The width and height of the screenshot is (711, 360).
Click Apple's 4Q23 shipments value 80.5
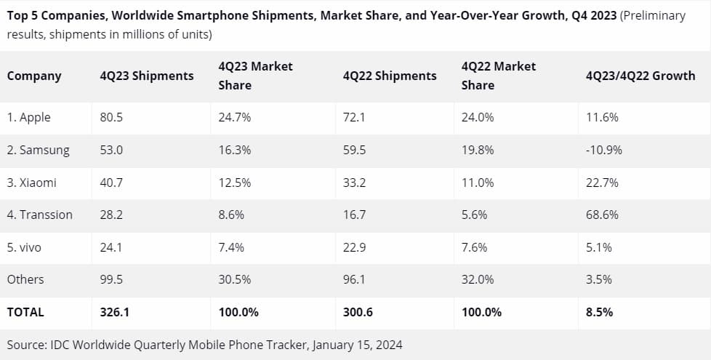[111, 118]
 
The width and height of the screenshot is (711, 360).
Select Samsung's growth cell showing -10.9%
[603, 151]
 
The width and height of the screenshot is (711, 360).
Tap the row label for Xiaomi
[31, 183]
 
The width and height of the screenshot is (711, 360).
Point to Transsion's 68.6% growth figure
[602, 215]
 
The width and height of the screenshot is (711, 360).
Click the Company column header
[34, 76]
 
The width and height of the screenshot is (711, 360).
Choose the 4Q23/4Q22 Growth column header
[640, 76]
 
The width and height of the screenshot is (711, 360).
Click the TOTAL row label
[25, 312]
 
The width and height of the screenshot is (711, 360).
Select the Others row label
[25, 279]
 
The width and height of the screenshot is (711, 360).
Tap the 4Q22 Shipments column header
[389, 76]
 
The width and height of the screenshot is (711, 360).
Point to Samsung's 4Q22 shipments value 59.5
[354, 151]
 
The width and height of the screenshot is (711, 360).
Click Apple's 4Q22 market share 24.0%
[478, 118]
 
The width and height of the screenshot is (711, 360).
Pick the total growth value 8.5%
[599, 312]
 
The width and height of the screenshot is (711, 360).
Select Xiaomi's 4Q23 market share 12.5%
[235, 183]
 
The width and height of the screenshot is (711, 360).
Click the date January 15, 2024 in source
[358, 344]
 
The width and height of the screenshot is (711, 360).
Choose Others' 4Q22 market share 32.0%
[478, 279]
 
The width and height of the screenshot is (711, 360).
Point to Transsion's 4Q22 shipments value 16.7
[354, 215]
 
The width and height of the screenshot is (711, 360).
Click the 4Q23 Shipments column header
[147, 76]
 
